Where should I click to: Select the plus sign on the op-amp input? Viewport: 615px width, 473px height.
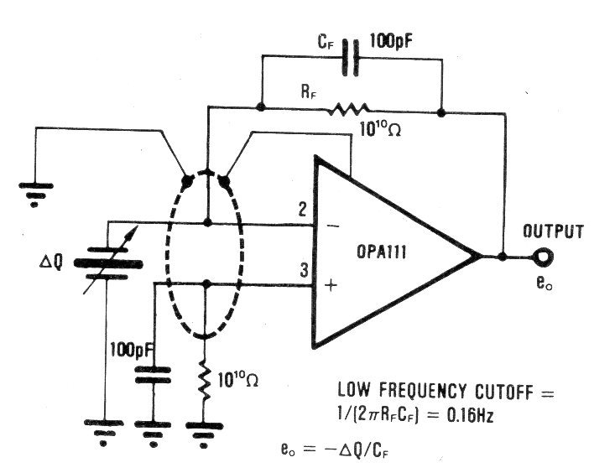click(330, 286)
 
